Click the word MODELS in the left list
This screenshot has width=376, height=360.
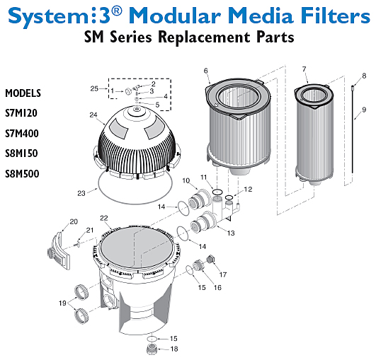tap(23, 93)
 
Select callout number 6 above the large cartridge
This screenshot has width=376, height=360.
tap(205, 71)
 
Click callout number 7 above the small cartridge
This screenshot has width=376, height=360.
tap(304, 69)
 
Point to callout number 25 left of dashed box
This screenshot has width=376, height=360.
tap(94, 88)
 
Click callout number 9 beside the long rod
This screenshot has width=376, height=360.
tap(363, 110)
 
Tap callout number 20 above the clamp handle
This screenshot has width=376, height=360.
tap(74, 222)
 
